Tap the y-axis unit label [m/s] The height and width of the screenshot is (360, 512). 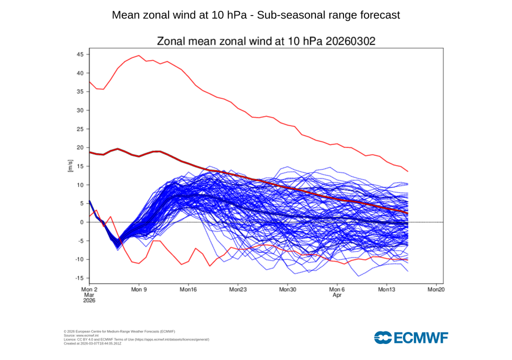coord(70,166)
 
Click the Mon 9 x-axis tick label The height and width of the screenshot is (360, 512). coord(138,289)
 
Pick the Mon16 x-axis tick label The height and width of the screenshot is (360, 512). coord(188,289)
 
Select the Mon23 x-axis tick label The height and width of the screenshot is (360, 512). coord(237,289)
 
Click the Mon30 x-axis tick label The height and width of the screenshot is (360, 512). coord(287,289)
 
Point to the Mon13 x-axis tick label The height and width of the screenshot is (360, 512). coord(386,289)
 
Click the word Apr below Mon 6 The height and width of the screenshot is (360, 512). coord(336,295)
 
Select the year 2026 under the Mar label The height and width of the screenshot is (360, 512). coord(88,301)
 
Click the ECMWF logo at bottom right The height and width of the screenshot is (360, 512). coord(411,337)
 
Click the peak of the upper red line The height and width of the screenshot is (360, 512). coord(138,55)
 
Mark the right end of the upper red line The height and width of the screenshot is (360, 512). coord(408,171)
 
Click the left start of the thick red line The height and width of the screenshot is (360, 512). coord(89,152)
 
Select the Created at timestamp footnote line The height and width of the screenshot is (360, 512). coord(93,343)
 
